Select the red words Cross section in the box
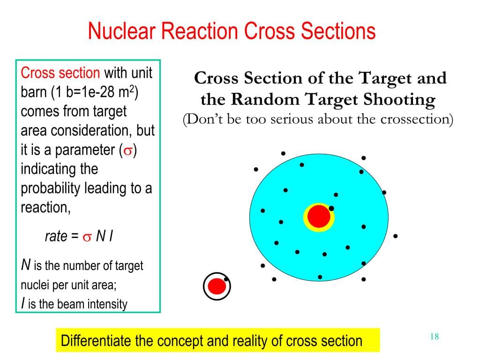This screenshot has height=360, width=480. coord(60,73)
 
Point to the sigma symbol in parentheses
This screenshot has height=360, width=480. coord(127,150)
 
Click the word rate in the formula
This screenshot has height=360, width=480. coord(56,236)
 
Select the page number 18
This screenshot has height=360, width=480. coord(434,336)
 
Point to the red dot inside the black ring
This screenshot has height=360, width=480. coord(217,286)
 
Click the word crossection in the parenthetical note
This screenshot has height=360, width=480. coord(416,119)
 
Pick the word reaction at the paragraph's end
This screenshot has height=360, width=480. coord(45,208)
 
